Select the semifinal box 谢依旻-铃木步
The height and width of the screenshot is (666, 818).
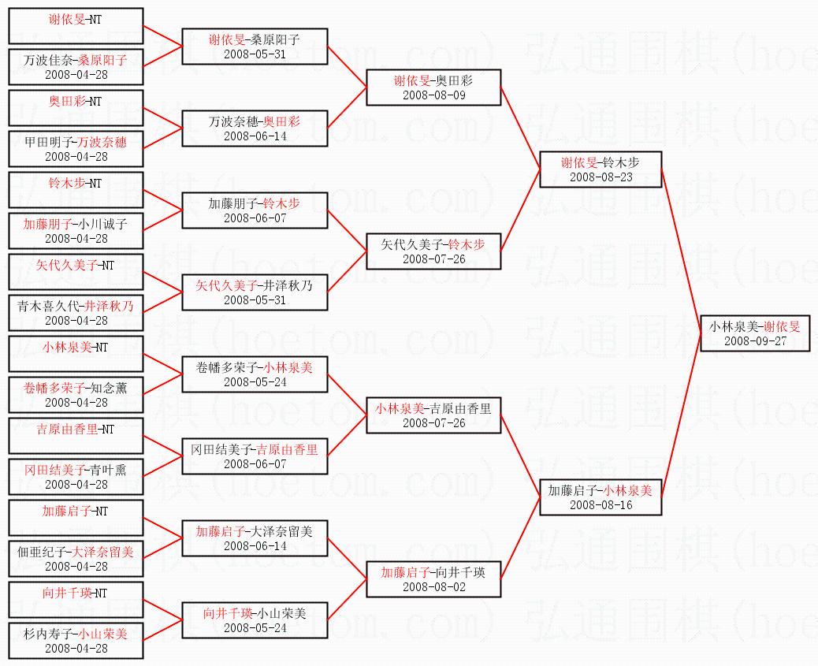(600, 169)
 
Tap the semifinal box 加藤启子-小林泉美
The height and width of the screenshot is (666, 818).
(600, 497)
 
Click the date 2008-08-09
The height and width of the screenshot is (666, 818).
(433, 95)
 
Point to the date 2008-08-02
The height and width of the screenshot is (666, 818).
(433, 586)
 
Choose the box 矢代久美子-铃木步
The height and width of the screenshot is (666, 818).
(433, 251)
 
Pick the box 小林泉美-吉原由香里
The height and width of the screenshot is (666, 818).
(433, 415)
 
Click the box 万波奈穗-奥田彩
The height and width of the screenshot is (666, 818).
(255, 128)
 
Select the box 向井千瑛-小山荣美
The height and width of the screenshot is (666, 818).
(255, 619)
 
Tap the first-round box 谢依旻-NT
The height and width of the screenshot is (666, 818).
(76, 26)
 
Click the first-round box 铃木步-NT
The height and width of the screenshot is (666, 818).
(76, 190)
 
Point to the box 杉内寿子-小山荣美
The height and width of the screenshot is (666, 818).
(76, 640)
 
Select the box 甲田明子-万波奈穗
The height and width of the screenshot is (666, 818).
(76, 148)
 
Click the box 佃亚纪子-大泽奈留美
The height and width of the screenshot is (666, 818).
(76, 558)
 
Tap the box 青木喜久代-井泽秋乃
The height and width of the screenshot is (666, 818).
(76, 312)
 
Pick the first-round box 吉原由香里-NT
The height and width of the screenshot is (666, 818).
(76, 436)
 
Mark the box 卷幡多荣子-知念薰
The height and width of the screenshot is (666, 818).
(76, 394)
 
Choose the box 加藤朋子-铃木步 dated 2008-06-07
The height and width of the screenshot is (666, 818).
(255, 210)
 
